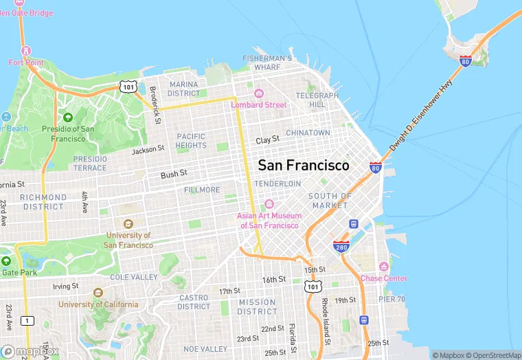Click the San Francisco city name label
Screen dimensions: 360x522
pyautogui.click(x=303, y=166)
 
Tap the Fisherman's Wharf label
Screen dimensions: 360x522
pyautogui.click(x=268, y=63)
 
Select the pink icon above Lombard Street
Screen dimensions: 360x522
pyautogui.click(x=259, y=93)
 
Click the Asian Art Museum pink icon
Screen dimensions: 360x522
pyautogui.click(x=269, y=204)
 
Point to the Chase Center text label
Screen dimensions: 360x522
pyautogui.click(x=383, y=278)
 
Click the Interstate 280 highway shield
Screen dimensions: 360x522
pyautogui.click(x=342, y=246)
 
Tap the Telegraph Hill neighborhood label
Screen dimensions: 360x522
pyautogui.click(x=317, y=100)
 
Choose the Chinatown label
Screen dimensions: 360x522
pyautogui.click(x=308, y=133)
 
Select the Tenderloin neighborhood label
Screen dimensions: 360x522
pyautogui.click(x=277, y=184)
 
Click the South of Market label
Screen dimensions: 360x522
pyautogui.click(x=330, y=201)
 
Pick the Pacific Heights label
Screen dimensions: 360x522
pyautogui.click(x=191, y=141)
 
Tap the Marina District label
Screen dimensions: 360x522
pyautogui.click(x=183, y=89)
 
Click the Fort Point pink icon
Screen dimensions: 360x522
pyautogui.click(x=26, y=51)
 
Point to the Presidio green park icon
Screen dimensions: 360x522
pyautogui.click(x=67, y=117)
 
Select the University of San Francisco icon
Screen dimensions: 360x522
pyautogui.click(x=128, y=224)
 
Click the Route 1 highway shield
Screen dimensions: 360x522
pyautogui.click(x=27, y=321)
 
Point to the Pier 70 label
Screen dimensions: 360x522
pyautogui.click(x=391, y=300)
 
